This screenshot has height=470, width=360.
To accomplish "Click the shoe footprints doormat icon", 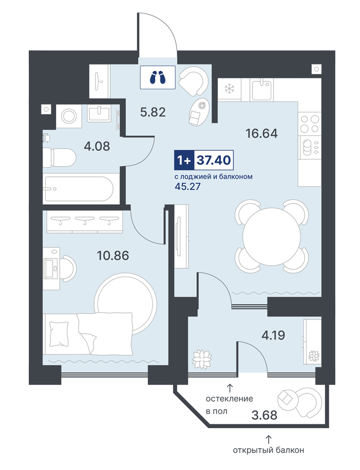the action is click(x=158, y=78).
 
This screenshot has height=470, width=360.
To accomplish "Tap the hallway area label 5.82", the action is click(x=153, y=112).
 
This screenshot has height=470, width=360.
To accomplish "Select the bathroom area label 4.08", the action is click(x=97, y=146).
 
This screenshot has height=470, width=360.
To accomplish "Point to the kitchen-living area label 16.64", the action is click(x=262, y=133).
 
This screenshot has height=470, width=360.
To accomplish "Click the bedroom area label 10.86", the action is click(x=113, y=256).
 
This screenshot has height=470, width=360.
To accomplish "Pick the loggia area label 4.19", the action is click(x=273, y=335).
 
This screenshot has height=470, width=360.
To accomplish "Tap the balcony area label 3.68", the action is click(x=264, y=416).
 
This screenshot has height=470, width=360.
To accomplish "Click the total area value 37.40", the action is click(x=214, y=160).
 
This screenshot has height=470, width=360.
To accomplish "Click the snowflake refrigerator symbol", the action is click(x=230, y=89).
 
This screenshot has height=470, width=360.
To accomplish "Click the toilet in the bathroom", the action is click(x=59, y=158).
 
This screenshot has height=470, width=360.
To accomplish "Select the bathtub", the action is click(x=78, y=189).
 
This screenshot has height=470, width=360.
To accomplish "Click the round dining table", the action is click(x=272, y=237).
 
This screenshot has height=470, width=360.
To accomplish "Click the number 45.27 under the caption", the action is click(x=187, y=187).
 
